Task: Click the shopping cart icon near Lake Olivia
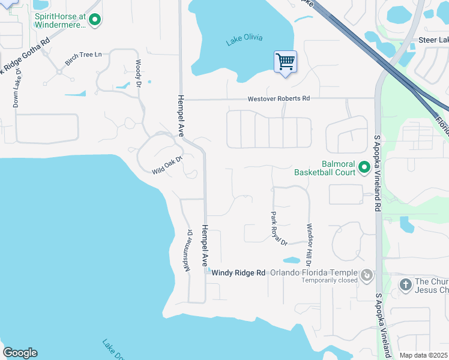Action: coord(285,61)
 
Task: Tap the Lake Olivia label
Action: coord(244,41)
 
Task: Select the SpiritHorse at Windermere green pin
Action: coord(94,20)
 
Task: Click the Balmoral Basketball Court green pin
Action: coord(364,167)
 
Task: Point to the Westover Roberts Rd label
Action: coord(279,98)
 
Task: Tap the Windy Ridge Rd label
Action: coord(238,272)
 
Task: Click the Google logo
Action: coord(20,353)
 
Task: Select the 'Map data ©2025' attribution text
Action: coord(423,355)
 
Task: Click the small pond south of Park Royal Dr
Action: coord(291,261)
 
